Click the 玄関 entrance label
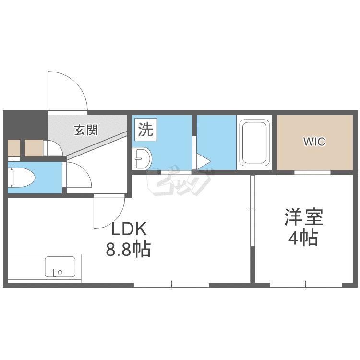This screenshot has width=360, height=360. [x=86, y=130]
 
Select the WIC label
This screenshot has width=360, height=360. [x=314, y=142]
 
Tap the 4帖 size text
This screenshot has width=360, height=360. [x=303, y=239]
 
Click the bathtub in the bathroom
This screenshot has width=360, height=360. [x=255, y=143]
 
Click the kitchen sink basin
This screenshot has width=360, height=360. [x=60, y=266]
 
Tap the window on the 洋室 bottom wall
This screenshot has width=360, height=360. [x=305, y=285]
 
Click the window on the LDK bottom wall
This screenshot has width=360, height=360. [x=171, y=285]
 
